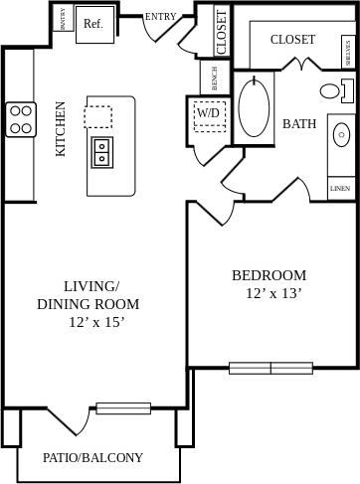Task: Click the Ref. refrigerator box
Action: pyautogui.click(x=94, y=23)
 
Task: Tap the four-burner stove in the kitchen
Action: pyautogui.click(x=22, y=119)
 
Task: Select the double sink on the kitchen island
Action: pyautogui.click(x=101, y=152)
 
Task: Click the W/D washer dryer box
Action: pyautogui.click(x=209, y=114)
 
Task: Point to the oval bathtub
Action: pyautogui.click(x=256, y=108)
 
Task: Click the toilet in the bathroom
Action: pyautogui.click(x=333, y=91)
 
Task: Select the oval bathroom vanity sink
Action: pyautogui.click(x=342, y=134)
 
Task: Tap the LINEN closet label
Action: pyautogui.click(x=340, y=188)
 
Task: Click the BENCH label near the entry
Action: pyautogui.click(x=215, y=78)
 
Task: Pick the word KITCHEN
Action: pyautogui.click(x=61, y=129)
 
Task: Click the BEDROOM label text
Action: pyautogui.click(x=269, y=275)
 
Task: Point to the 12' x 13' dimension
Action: pyautogui.click(x=272, y=293)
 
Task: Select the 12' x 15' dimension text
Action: pyautogui.click(x=97, y=322)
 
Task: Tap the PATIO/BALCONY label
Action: pyautogui.click(x=92, y=458)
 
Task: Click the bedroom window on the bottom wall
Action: pyautogui.click(x=270, y=368)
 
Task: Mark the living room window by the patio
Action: pyautogui.click(x=123, y=407)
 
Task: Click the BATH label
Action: pyautogui.click(x=299, y=124)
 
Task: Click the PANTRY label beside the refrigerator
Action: pyautogui.click(x=64, y=19)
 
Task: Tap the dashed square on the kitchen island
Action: pyautogui.click(x=98, y=117)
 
